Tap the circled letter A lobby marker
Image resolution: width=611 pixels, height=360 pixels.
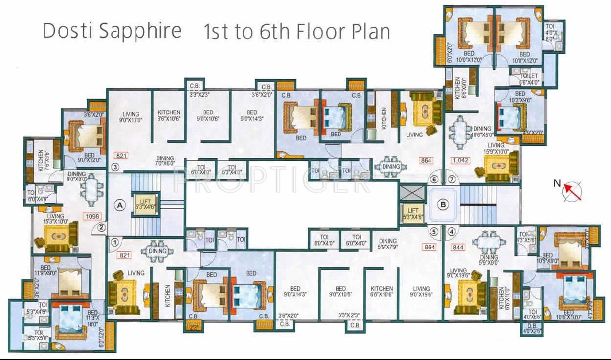(x=119, y=205)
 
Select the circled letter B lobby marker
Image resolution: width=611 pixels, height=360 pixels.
(x=443, y=205)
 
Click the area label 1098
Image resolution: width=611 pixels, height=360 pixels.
(x=91, y=216)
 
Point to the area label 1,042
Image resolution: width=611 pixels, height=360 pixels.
(x=460, y=160)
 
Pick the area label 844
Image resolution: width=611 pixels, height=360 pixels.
(x=458, y=247)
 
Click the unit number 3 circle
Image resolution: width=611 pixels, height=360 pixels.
(x=115, y=167)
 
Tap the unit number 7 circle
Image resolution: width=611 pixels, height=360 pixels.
(x=452, y=179)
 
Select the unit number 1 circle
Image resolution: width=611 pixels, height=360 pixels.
(x=114, y=241)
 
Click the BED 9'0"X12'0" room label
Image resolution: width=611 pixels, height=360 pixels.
(x=89, y=157)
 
